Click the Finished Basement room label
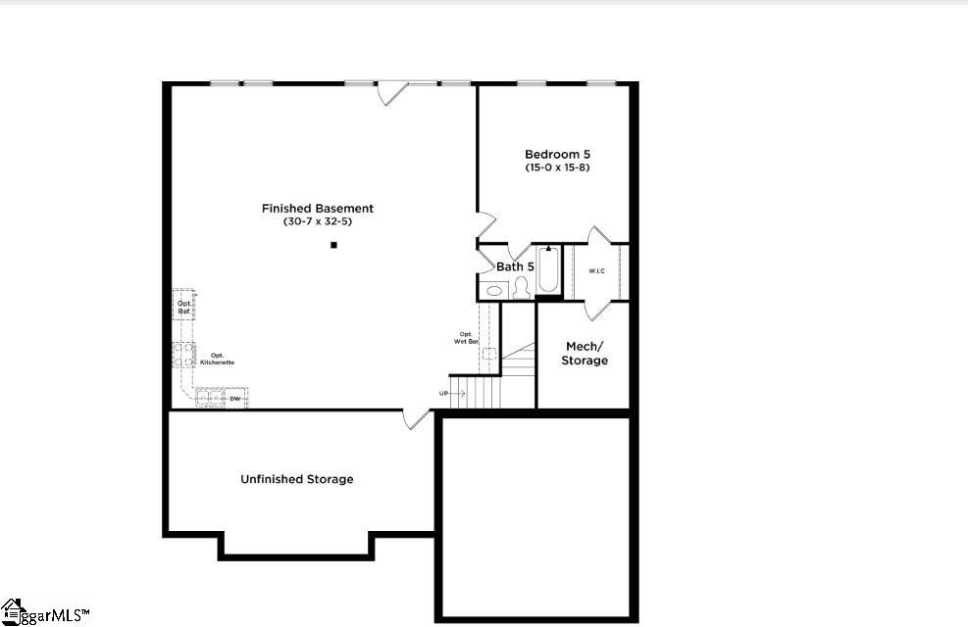[x=317, y=208]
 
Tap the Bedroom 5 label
[x=557, y=154]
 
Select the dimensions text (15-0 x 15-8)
[x=557, y=168]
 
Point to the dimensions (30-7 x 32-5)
[x=317, y=221]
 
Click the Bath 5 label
[x=515, y=266]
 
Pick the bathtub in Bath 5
[x=548, y=270]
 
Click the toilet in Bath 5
[x=521, y=287]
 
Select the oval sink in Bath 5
[x=494, y=290]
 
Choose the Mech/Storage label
[x=585, y=354]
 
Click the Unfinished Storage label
[x=297, y=479]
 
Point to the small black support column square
[x=333, y=245]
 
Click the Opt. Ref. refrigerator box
[x=183, y=307]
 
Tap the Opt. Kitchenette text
[x=217, y=359]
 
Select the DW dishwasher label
[x=235, y=399]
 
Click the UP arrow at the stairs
[x=452, y=393]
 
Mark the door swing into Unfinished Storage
[x=417, y=419]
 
